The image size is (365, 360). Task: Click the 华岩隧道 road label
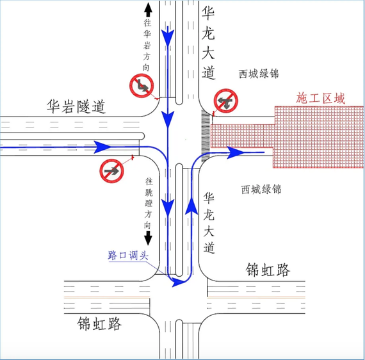point(76,106)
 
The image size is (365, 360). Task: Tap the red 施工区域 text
point(320,98)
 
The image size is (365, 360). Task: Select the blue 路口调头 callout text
point(128,256)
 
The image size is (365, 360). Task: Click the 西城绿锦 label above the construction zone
point(259,74)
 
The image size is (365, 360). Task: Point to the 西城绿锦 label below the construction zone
point(261,189)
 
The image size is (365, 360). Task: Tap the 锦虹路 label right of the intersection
point(268,270)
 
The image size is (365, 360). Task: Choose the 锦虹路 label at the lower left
point(99,323)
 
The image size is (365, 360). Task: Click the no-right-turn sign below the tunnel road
point(111,171)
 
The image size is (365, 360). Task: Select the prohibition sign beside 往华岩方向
point(142,85)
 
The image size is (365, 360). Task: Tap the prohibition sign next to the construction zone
point(226,101)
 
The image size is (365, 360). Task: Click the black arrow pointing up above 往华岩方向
point(148,10)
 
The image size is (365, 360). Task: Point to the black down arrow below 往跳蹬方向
point(148,238)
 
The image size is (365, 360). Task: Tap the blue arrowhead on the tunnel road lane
point(102,147)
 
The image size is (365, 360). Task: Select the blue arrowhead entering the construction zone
point(236,152)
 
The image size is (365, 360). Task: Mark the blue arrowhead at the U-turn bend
point(178,282)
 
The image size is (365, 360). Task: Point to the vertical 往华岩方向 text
point(147,45)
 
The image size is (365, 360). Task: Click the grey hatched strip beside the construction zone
point(206,136)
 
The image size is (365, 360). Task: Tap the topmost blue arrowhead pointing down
point(168,36)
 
